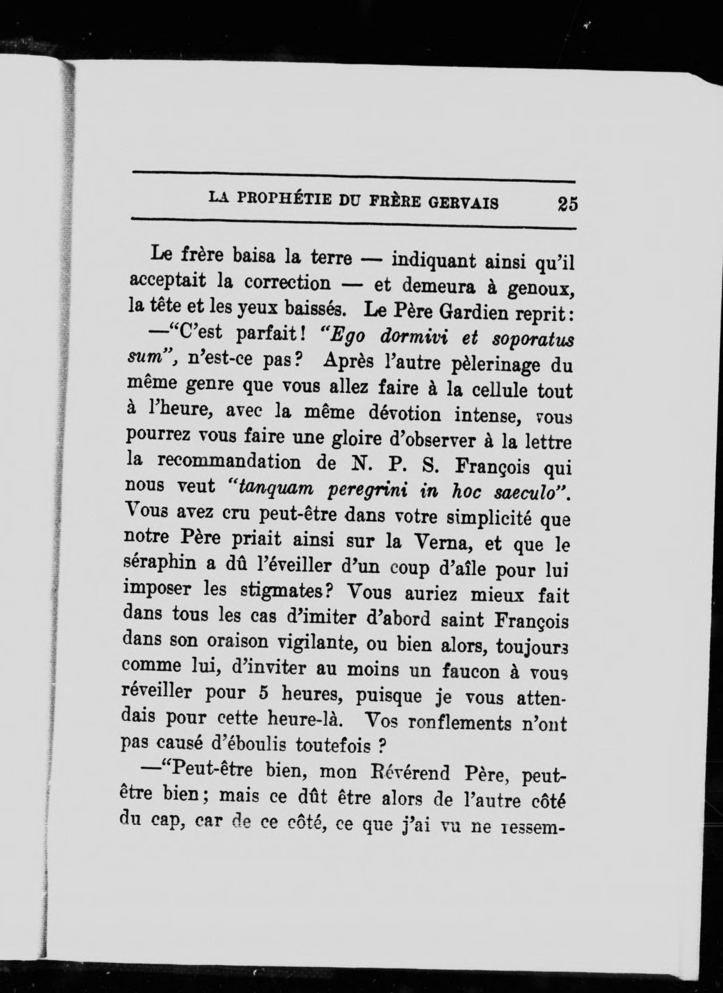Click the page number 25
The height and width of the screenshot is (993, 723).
point(567,204)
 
